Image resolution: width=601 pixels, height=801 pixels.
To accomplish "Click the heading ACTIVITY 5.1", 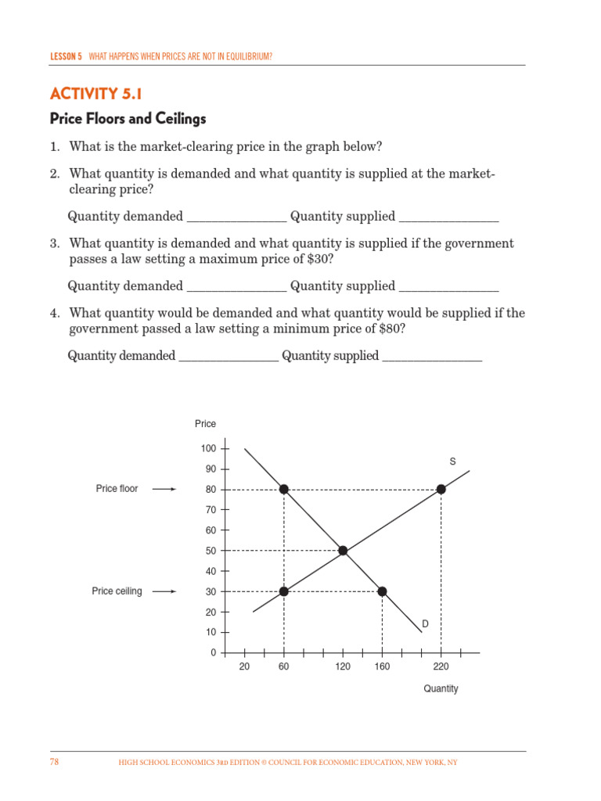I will pos(96,94).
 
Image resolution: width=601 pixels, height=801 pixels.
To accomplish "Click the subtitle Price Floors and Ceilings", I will pos(128,119).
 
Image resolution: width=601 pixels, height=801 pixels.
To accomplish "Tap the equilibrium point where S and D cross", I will pos(343,551).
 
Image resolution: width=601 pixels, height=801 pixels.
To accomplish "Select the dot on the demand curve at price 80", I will pos(284,489).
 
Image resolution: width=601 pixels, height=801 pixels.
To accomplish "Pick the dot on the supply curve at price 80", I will pos(441,489).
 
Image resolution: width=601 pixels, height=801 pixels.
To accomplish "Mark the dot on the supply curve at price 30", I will pos(284,591).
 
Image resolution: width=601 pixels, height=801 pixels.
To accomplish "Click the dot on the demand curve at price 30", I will pos(382,591).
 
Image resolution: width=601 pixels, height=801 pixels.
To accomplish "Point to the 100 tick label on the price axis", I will pos(208,448).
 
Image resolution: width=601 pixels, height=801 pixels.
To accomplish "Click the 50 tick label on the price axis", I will pos(211,551).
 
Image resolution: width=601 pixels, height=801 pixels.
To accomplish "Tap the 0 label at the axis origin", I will pos(213,652).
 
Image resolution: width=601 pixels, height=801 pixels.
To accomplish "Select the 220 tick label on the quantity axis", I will pos(441,667).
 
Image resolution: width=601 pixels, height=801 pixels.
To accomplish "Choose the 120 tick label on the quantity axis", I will pos(343,667).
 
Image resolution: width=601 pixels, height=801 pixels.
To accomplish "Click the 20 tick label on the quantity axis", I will pos(244,667).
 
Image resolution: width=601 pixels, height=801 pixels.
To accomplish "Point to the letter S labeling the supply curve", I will pos(452,462).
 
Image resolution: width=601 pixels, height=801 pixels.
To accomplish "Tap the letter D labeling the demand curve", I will pos(426,623).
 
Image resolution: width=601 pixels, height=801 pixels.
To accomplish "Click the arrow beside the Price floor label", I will pos(164,489).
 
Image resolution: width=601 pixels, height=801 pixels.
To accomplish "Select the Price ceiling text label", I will pos(117,591).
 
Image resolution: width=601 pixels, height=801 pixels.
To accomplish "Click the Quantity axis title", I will pos(441,689).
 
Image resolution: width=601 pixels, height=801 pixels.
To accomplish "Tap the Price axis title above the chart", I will pos(205,424).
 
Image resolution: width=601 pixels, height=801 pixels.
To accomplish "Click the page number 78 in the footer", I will pos(55,762).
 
